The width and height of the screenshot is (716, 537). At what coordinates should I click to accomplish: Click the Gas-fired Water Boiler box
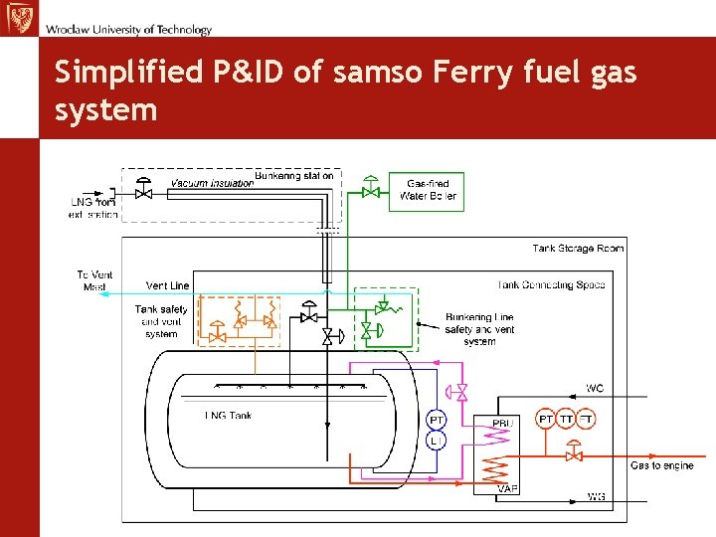pyautogui.click(x=429, y=190)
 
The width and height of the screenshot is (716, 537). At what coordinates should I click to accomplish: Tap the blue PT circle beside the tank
pyautogui.click(x=438, y=420)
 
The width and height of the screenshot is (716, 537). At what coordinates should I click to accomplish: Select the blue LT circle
pyautogui.click(x=438, y=440)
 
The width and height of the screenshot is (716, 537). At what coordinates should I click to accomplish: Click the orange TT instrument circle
pyautogui.click(x=567, y=420)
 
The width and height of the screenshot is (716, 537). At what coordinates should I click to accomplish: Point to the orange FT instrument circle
pyautogui.click(x=587, y=420)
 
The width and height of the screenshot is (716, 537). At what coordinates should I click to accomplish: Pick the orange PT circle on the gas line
pyautogui.click(x=546, y=420)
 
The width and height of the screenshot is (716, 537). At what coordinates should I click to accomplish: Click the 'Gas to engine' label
pyautogui.click(x=662, y=465)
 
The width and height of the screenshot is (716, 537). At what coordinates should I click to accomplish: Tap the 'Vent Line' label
pyautogui.click(x=167, y=285)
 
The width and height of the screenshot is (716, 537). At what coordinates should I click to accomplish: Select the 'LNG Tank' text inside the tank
pyautogui.click(x=228, y=415)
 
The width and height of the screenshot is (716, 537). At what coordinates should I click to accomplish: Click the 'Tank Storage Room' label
pyautogui.click(x=578, y=248)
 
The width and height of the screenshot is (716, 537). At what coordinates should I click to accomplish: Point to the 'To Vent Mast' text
pyautogui.click(x=95, y=280)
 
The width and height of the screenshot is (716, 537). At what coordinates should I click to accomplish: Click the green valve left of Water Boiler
pyautogui.click(x=372, y=189)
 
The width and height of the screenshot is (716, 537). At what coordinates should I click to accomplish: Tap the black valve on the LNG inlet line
pyautogui.click(x=144, y=191)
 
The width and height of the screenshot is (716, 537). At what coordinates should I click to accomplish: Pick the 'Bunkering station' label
pyautogui.click(x=294, y=176)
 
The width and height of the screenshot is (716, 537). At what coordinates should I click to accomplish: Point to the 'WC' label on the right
pyautogui.click(x=595, y=388)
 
